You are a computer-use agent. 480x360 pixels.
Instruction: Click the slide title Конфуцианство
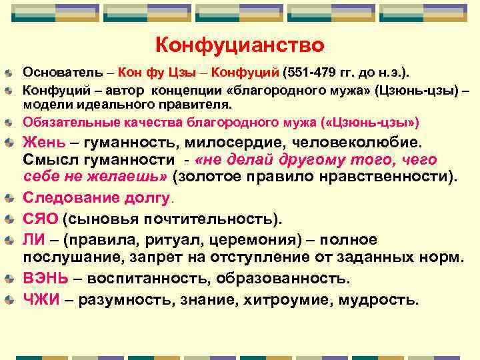coord(240,45)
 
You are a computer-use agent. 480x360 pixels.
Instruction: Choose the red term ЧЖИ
coord(43,299)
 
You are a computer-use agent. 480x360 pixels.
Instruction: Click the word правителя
coord(197,105)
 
